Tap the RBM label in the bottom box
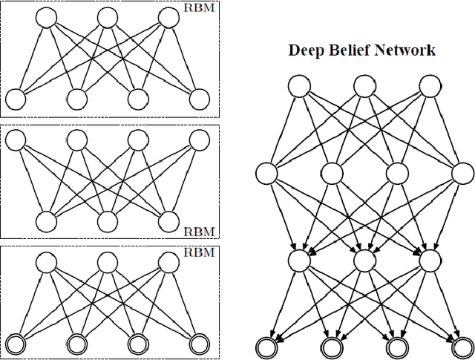pos(200,252)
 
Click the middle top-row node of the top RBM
pos(108,16)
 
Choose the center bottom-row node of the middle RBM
pos(108,220)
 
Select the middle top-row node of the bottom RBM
pos(108,261)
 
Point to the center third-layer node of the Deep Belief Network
pos(364,261)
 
